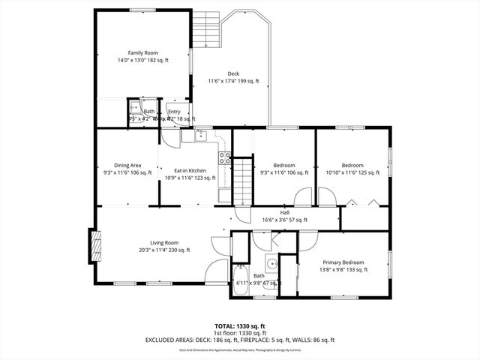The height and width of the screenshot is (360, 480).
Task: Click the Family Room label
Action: click(x=142, y=52)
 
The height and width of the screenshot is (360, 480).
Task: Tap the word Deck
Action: click(x=233, y=73)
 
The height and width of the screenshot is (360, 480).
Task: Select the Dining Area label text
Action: click(x=127, y=165)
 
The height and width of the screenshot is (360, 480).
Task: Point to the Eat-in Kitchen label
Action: click(x=190, y=171)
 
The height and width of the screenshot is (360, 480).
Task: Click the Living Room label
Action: click(x=163, y=242)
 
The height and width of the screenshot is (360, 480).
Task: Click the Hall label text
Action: click(x=285, y=213)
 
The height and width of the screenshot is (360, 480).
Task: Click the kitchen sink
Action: click(x=199, y=136)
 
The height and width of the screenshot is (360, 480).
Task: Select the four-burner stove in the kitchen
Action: click(x=224, y=157)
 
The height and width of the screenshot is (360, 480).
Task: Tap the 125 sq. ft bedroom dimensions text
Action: click(x=352, y=172)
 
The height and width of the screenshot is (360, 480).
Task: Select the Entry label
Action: click(x=174, y=112)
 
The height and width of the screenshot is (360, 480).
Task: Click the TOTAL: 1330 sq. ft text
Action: click(x=240, y=327)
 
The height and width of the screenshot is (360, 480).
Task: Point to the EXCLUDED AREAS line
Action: click(x=240, y=340)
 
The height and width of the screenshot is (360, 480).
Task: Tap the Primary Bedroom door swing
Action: click(x=308, y=241)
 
